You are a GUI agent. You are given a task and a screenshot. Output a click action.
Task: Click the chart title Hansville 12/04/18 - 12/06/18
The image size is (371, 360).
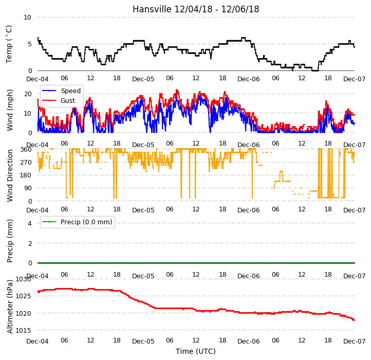click(196, 9)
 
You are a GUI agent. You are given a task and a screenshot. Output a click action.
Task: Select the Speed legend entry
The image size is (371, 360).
click(61, 91)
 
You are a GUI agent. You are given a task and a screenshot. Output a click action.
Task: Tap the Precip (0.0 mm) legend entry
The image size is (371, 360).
click(77, 222)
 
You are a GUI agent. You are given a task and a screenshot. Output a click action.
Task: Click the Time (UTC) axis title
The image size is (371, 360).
click(196, 351)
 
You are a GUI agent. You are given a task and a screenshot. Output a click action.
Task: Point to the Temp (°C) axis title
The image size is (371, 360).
click(9, 44)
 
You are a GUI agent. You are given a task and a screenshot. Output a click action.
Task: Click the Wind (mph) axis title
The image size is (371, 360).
click(9, 110)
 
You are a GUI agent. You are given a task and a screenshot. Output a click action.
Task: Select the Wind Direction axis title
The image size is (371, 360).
click(9, 175)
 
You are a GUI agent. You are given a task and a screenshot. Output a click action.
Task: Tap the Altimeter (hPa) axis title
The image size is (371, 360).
click(9, 307)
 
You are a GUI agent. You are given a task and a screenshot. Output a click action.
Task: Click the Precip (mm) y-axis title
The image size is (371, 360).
click(9, 241)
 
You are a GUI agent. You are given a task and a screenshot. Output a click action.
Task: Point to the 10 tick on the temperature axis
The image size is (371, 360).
click(27, 17)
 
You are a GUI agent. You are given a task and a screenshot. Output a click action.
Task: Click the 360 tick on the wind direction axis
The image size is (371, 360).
click(26, 150)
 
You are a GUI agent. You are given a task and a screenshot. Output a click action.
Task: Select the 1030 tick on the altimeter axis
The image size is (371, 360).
click(23, 279)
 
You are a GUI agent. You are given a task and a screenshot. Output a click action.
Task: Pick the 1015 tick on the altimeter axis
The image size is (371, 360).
click(23, 330)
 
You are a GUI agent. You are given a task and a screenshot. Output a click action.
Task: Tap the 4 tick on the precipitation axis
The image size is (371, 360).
click(30, 223)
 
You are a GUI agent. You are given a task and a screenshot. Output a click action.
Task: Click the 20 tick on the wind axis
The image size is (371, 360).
click(28, 94)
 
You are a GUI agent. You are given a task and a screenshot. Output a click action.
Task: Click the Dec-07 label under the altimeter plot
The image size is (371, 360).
click(355, 341)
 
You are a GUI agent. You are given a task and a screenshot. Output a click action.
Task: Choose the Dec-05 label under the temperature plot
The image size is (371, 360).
click(143, 79)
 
